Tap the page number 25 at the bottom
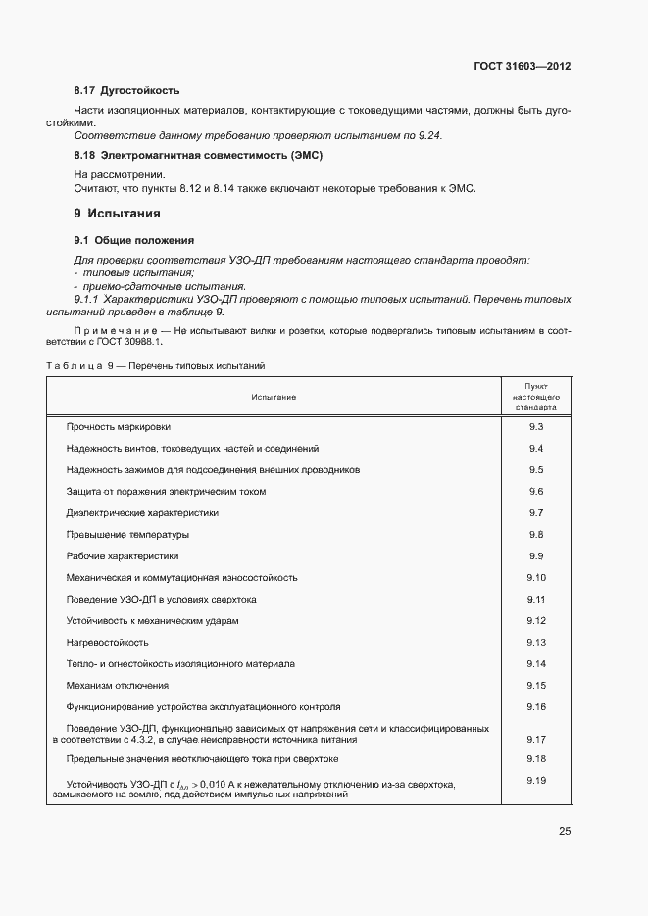click(565, 831)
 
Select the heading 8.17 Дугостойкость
click(126, 91)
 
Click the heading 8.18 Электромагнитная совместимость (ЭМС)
click(198, 155)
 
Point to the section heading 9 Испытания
click(117, 213)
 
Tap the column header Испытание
click(273, 397)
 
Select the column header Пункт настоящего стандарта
click(535, 396)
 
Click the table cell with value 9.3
click(535, 426)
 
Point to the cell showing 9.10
click(535, 577)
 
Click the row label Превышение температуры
click(126, 534)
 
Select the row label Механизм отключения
click(117, 685)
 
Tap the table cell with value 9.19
click(535, 781)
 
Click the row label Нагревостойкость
click(107, 642)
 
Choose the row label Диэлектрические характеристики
click(141, 512)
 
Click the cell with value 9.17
click(535, 740)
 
